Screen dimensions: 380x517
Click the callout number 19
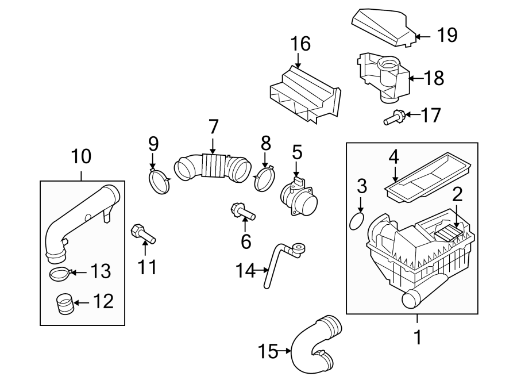click(x=447, y=36)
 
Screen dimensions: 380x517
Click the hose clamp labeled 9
click(x=160, y=182)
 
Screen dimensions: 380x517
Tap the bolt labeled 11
click(x=143, y=234)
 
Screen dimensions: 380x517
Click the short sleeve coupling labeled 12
click(x=65, y=303)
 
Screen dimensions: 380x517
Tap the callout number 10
click(x=81, y=155)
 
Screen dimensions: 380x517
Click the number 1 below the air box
click(x=418, y=337)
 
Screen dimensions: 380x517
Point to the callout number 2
click(x=457, y=195)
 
